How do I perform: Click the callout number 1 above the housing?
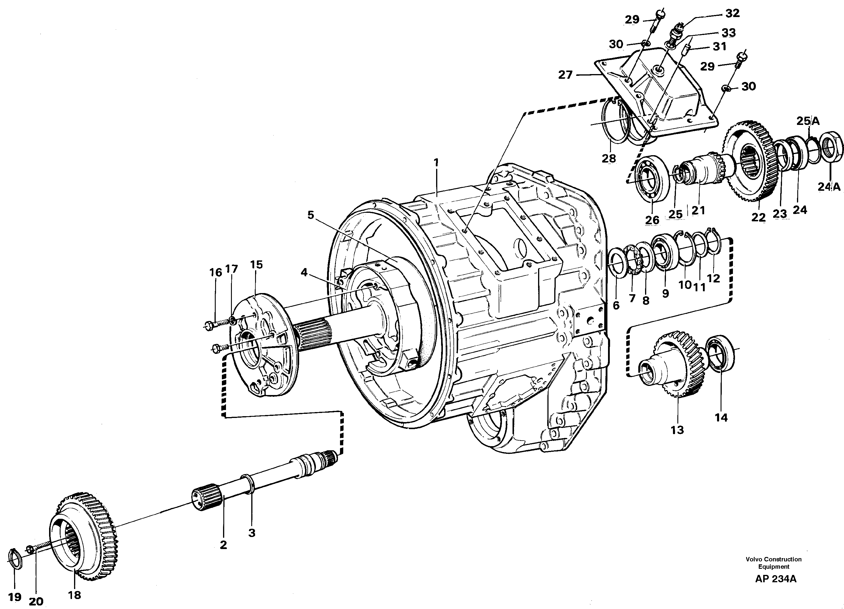pos(436,162)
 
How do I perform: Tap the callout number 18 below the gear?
pos(74,595)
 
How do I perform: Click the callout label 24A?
pos(829,187)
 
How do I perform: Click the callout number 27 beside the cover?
pos(565,75)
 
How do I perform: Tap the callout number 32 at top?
pos(732,14)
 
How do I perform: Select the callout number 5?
pos(311,215)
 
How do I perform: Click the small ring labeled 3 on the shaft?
pos(249,484)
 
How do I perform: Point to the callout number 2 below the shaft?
pos(223,545)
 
